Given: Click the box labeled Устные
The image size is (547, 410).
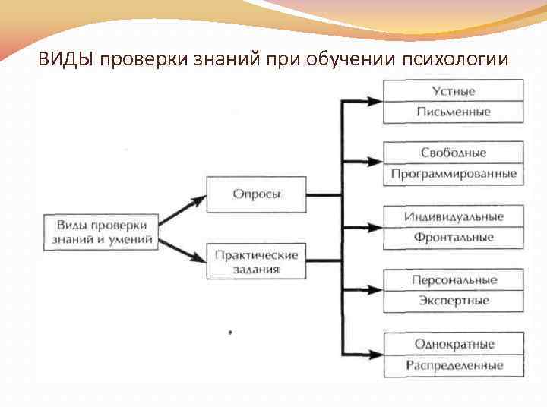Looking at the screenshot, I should [x=454, y=91].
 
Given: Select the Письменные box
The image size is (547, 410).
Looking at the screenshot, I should [x=454, y=112].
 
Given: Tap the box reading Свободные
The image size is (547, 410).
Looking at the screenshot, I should [x=454, y=153].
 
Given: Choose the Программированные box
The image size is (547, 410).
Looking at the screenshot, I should [x=454, y=174].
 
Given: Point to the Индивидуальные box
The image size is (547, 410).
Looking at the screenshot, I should [x=454, y=216].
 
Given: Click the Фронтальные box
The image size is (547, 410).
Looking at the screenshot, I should [x=454, y=238].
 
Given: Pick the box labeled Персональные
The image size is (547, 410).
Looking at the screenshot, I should [x=454, y=280].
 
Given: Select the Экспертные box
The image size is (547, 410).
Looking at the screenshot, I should [x=454, y=301].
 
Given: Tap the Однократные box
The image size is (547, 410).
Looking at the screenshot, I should [x=454, y=344].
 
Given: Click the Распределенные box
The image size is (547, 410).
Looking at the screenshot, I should [x=454, y=365].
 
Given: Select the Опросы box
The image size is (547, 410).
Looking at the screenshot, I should [x=257, y=194].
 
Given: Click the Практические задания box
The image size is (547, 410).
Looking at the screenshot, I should [x=257, y=260].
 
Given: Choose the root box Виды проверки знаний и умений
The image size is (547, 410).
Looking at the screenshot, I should [x=102, y=232].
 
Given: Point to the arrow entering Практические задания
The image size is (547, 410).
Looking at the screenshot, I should [x=196, y=255].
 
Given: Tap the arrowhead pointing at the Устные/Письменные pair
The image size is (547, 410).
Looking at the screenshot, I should [x=374, y=100].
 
